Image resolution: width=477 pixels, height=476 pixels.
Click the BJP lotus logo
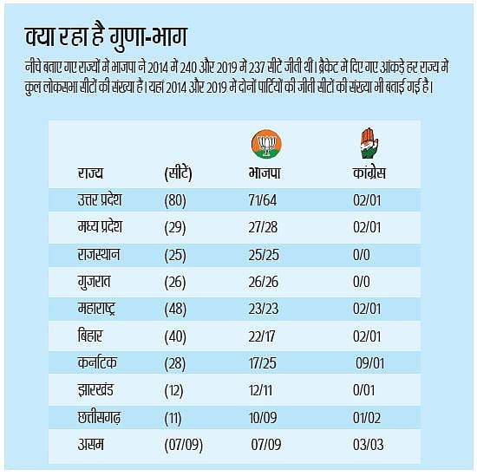tap(265, 145)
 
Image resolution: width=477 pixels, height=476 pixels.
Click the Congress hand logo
tap(369, 143)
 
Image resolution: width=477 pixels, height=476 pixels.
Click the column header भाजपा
tap(265, 173)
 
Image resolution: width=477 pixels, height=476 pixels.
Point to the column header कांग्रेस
tap(369, 173)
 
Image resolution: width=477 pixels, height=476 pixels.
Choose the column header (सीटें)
tap(184, 173)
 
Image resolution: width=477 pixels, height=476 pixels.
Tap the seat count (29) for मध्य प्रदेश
tap(177, 228)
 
